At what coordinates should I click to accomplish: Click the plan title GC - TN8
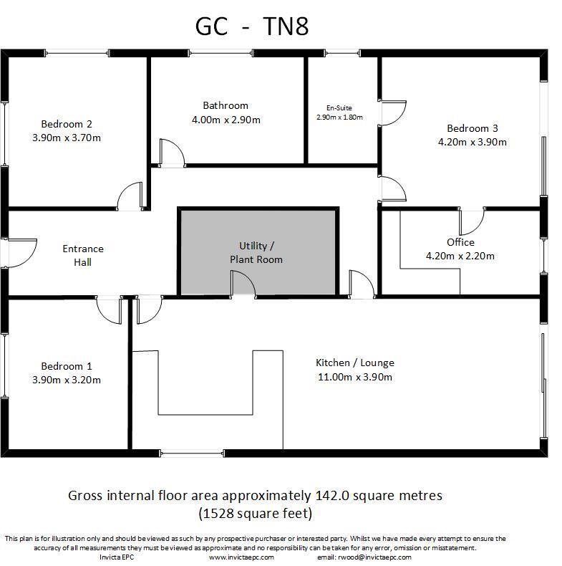coord(252,27)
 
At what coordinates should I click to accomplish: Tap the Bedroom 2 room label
coord(66,123)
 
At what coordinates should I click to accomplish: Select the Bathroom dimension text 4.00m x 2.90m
coord(226,120)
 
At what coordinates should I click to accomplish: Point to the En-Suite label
coord(339,107)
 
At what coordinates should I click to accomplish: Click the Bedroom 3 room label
coord(472,128)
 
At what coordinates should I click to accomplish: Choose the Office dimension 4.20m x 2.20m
coord(460,256)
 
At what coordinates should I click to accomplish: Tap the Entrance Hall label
coord(83,255)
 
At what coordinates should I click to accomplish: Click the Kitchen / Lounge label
coord(355,363)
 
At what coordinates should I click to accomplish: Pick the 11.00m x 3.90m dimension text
coord(355,377)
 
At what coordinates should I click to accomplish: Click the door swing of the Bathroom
coord(171,152)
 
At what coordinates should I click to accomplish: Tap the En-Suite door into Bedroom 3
coord(392,112)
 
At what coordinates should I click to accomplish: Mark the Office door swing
coord(472,221)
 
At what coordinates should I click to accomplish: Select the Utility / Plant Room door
coord(243,284)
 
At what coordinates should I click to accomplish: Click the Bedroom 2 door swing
coord(130,196)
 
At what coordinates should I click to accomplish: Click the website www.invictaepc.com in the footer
coord(241,557)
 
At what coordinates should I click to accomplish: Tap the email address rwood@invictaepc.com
coord(374,557)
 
